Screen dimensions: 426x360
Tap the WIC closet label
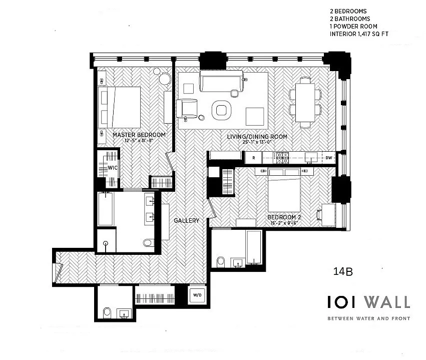(113, 168)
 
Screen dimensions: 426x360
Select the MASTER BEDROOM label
(139, 135)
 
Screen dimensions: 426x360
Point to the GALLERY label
(186, 220)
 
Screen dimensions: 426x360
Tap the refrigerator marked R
(254, 157)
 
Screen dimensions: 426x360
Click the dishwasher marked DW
(328, 157)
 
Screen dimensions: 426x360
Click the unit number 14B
(343, 272)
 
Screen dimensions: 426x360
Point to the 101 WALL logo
(368, 302)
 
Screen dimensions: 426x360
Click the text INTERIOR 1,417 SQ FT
(359, 35)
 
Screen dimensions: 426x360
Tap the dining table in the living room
(305, 102)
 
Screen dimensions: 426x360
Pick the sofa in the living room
(221, 81)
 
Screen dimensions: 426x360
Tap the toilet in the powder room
(106, 313)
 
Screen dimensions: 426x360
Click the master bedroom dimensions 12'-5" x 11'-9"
(139, 141)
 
